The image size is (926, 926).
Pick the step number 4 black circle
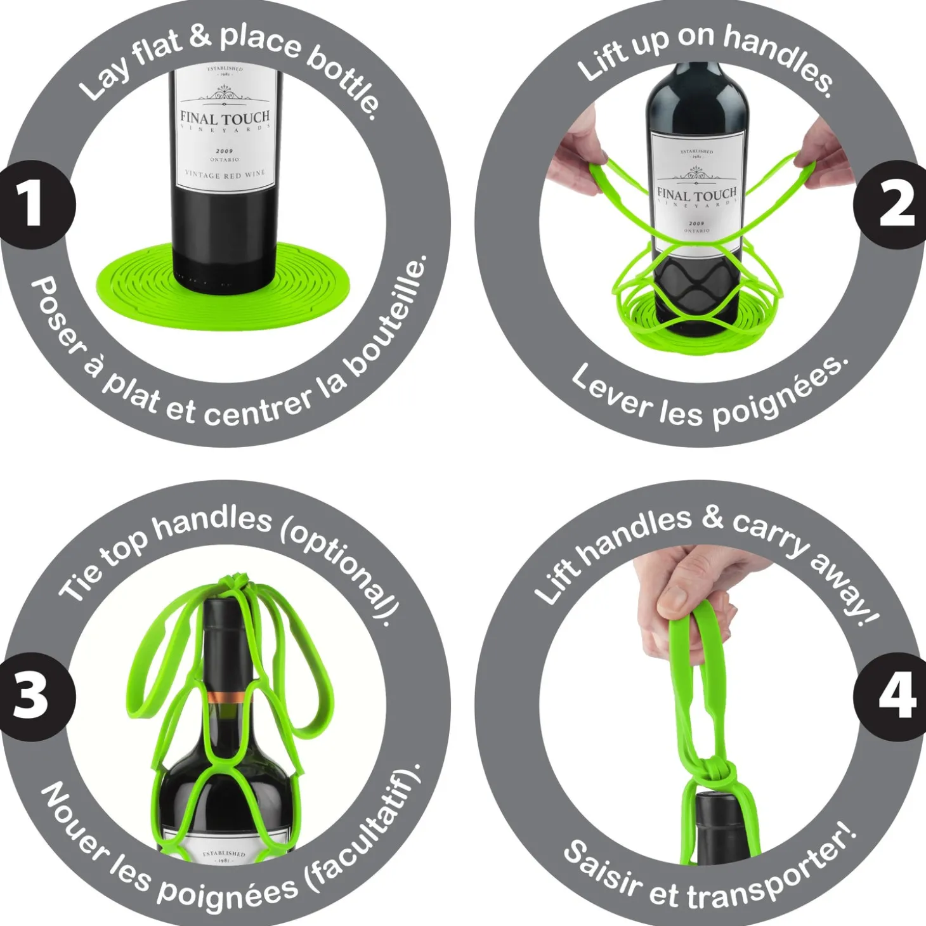point(894,696)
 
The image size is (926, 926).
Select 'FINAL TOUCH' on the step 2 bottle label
point(696,194)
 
